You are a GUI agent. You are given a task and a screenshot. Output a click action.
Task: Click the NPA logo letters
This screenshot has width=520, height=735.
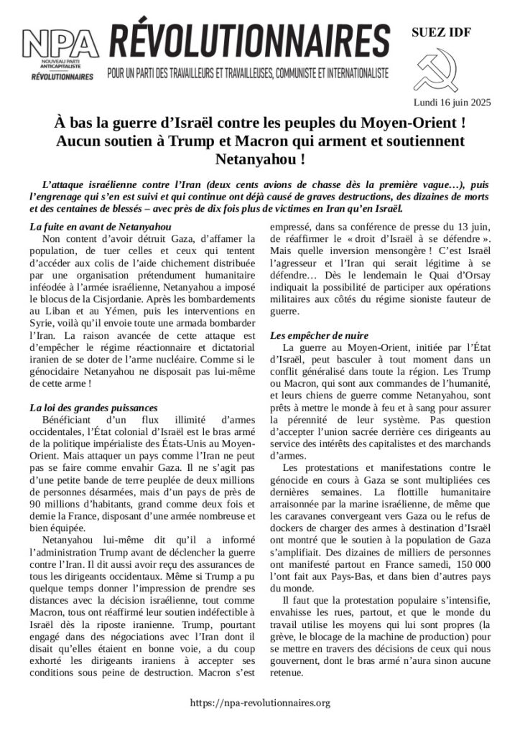(x=60, y=46)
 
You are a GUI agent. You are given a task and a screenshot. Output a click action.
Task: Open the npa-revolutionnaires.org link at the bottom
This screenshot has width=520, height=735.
(x=260, y=703)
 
